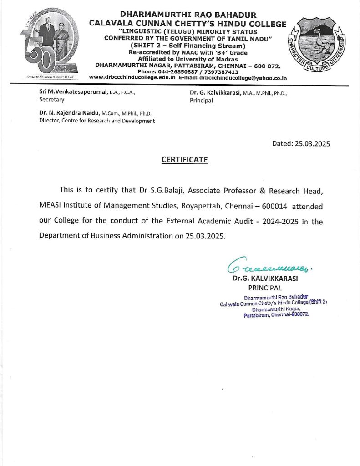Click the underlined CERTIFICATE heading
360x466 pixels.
pyautogui.click(x=184, y=160)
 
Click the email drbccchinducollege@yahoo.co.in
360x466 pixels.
pyautogui.click(x=243, y=78)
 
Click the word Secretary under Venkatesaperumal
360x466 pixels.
pyautogui.click(x=52, y=100)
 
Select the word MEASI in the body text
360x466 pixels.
pyautogui.click(x=51, y=206)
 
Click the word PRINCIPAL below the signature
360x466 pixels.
pyautogui.click(x=265, y=288)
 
